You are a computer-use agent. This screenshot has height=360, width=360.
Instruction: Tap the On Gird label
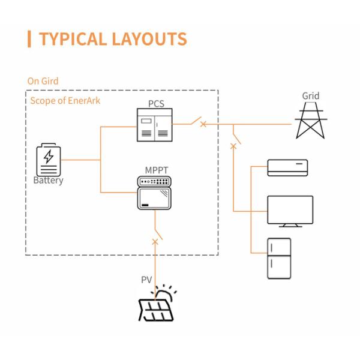click(x=43, y=80)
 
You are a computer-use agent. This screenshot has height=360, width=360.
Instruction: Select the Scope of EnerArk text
click(x=65, y=100)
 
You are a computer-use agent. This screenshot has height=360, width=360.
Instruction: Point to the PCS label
click(x=157, y=104)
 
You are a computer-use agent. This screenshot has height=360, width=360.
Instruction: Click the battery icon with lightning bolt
click(x=48, y=158)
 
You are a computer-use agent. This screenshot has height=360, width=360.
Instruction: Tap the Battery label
click(x=48, y=180)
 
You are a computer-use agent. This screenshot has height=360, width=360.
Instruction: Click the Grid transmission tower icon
click(x=310, y=121)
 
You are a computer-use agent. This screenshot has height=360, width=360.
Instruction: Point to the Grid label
click(x=311, y=95)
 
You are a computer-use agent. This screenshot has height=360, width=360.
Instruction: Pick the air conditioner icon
click(x=287, y=167)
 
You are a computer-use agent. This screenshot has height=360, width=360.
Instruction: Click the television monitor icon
click(x=290, y=211)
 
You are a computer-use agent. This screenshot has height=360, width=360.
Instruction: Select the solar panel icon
click(x=158, y=305)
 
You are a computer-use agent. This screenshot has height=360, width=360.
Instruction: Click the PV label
click(x=146, y=280)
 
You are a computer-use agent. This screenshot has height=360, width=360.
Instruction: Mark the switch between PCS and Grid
click(x=197, y=122)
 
